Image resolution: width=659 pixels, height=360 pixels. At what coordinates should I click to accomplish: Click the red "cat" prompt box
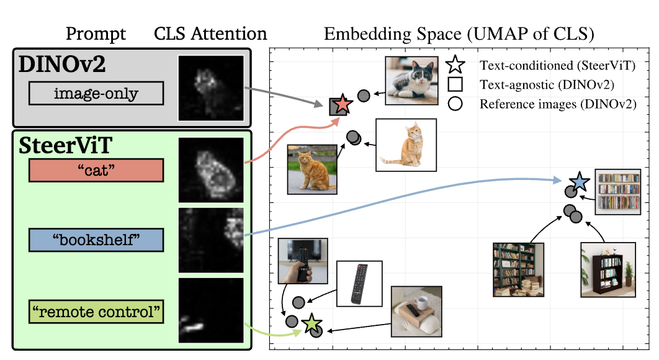(96, 170)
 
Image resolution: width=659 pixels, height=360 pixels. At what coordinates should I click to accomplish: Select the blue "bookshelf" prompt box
(96, 240)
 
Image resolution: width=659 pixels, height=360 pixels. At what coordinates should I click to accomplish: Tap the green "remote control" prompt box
(96, 311)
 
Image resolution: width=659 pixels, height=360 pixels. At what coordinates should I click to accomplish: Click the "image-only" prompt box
(96, 94)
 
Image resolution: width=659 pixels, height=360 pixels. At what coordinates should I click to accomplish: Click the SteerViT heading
(59, 145)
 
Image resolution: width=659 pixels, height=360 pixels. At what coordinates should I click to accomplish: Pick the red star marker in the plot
(343, 106)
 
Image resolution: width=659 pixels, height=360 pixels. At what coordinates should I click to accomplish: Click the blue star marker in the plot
(579, 181)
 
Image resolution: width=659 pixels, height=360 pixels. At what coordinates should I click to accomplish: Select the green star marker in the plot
(311, 323)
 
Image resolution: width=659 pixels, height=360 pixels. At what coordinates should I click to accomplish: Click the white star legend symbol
(455, 64)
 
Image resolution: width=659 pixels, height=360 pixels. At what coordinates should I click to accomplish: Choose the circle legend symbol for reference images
(455, 104)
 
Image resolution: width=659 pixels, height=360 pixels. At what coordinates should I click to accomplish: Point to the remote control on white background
(359, 284)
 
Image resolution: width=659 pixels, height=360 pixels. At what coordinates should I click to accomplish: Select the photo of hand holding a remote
(302, 260)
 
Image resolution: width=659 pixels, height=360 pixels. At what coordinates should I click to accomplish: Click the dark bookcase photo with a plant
(608, 268)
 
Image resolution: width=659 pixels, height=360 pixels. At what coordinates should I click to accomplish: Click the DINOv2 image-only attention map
(210, 88)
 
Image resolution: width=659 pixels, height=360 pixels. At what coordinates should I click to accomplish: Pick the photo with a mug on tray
(416, 311)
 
